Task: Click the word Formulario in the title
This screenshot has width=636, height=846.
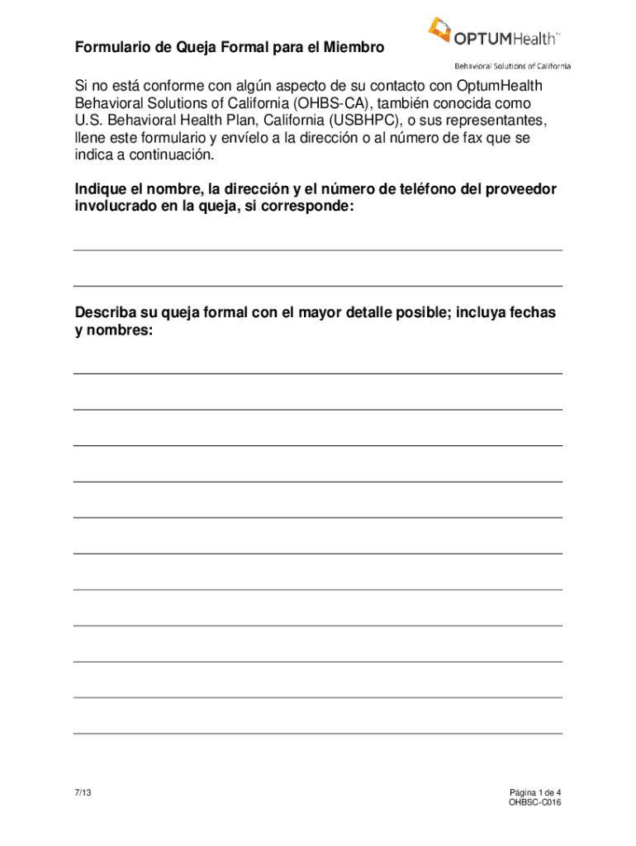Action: pos(110,49)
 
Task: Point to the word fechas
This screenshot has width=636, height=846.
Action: pos(534,313)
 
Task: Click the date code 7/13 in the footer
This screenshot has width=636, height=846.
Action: pos(82,792)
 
